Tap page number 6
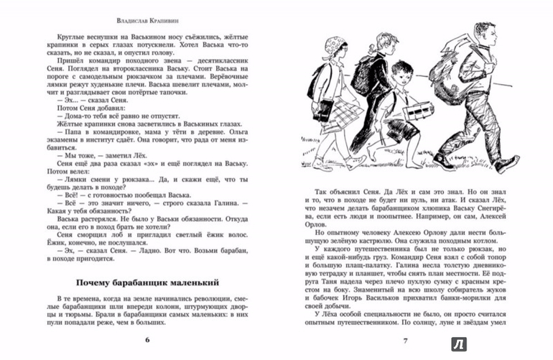click(147, 339)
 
